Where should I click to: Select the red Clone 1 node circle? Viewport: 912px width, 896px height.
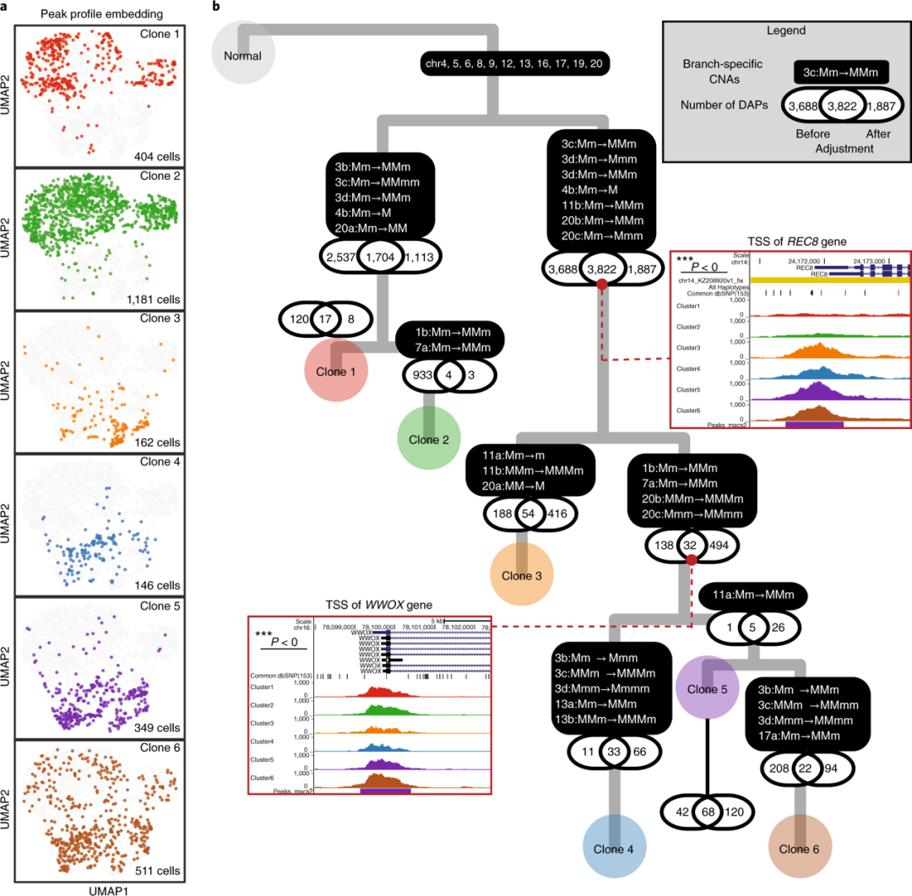[x=335, y=372]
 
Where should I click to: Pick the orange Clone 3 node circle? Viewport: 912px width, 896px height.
[x=522, y=574]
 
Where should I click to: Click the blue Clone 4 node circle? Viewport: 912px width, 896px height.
[x=615, y=848]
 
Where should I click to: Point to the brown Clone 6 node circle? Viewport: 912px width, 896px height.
[x=800, y=848]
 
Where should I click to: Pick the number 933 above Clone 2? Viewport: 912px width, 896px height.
[x=421, y=375]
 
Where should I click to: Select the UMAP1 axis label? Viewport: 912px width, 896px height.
[x=99, y=888]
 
